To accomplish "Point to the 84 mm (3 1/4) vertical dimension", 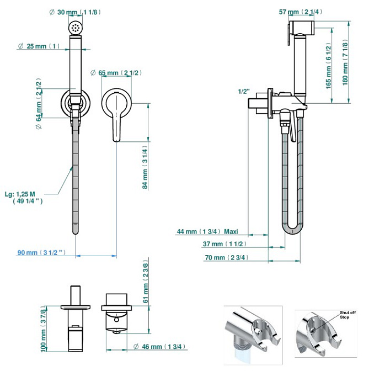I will tap(145, 169).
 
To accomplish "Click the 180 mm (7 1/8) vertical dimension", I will tap(345, 61).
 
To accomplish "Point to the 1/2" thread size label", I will tap(244, 91).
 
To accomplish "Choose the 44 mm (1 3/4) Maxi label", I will tap(207, 231).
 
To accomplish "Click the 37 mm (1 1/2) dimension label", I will tap(224, 243).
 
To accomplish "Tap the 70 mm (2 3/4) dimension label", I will tap(226, 258).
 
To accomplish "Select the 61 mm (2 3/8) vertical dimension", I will tap(145, 282).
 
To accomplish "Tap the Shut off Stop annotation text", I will tap(348, 315).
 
